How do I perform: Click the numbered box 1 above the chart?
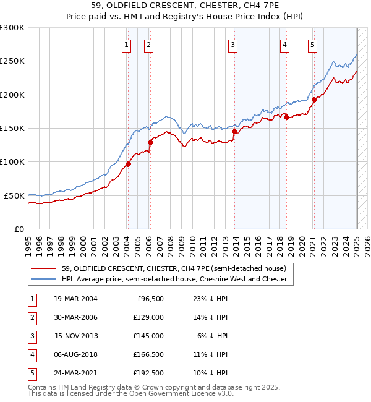127,44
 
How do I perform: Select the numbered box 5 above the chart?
312,44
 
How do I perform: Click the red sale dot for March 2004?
129,164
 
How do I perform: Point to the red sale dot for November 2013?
235,131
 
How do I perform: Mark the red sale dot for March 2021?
314,100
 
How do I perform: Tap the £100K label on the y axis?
12,161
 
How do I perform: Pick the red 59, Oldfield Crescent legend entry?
173,268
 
